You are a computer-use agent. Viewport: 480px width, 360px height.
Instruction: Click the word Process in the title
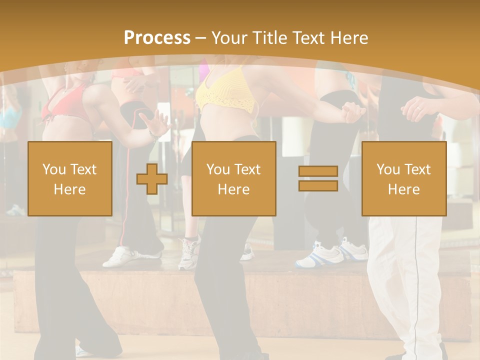pyautogui.click(x=157, y=38)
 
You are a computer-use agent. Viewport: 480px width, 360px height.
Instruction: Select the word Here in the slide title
pyautogui.click(x=349, y=38)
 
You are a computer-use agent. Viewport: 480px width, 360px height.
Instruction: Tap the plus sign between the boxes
pyautogui.click(x=152, y=179)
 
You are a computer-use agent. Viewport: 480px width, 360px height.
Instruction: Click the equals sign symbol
pyautogui.click(x=318, y=178)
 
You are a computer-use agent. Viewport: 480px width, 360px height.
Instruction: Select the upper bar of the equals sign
pyautogui.click(x=318, y=171)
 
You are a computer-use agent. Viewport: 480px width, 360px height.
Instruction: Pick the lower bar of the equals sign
pyautogui.click(x=318, y=185)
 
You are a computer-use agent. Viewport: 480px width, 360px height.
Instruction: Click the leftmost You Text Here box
pyautogui.click(x=70, y=178)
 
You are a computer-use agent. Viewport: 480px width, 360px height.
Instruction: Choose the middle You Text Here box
pyautogui.click(x=233, y=178)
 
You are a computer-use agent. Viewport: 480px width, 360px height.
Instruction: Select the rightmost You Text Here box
pyautogui.click(x=404, y=178)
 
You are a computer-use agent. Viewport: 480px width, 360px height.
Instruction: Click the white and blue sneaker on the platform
pyautogui.click(x=322, y=255)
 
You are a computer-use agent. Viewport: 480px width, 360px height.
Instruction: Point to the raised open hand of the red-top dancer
pyautogui.click(x=157, y=122)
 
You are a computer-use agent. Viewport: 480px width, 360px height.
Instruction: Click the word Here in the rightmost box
pyautogui.click(x=404, y=189)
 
